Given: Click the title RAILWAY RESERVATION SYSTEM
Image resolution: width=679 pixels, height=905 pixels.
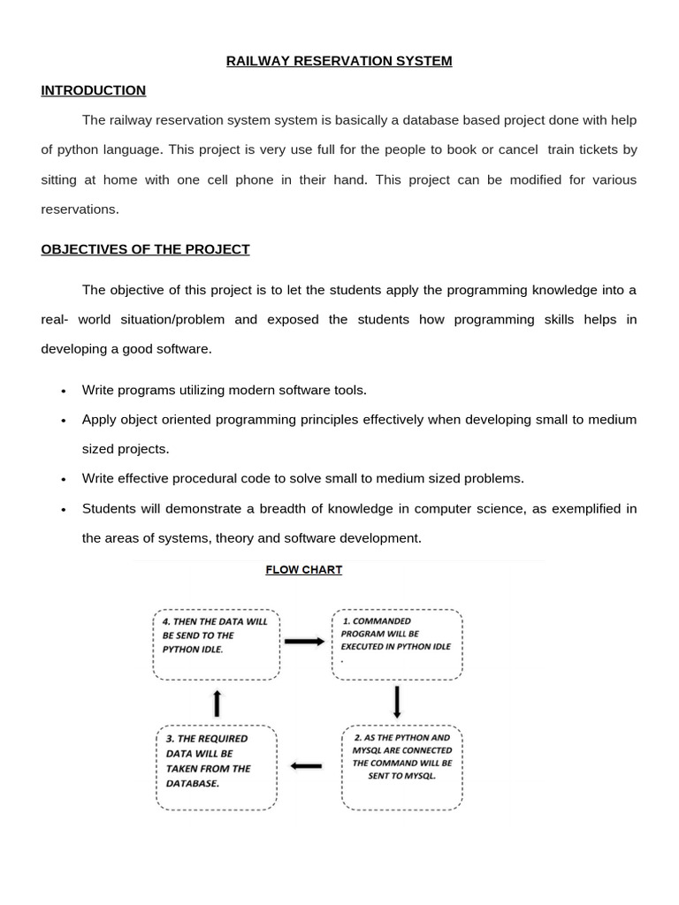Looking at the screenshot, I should tap(339, 61).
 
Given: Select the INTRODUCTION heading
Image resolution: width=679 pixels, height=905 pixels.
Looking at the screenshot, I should tap(93, 90).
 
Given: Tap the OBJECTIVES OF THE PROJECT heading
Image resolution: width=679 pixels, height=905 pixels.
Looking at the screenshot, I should tap(145, 249).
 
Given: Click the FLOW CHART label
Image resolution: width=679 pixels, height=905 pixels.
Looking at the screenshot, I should tap(303, 570).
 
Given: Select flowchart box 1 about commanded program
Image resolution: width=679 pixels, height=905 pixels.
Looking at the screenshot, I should tap(397, 644).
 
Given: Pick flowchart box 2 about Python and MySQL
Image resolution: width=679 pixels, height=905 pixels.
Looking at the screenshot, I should tap(401, 767).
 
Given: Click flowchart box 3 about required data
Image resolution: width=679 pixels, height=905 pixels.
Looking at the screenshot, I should tap(216, 767).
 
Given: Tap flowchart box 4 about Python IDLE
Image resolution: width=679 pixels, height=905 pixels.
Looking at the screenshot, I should tap(216, 644).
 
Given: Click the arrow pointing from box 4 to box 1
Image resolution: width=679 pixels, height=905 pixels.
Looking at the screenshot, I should tap(305, 642).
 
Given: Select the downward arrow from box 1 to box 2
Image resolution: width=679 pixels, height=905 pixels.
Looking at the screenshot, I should tap(397, 702).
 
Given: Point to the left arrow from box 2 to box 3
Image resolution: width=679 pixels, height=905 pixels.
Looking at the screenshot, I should tap(307, 765).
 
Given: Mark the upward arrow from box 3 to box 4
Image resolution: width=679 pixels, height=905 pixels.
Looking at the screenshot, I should tap(217, 703).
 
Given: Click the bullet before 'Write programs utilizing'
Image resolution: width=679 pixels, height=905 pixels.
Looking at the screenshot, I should tap(64, 391).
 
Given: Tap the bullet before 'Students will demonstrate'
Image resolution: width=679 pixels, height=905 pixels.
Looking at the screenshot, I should tap(64, 510).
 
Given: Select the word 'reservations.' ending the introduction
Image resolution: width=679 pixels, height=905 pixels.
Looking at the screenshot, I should tap(80, 209).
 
